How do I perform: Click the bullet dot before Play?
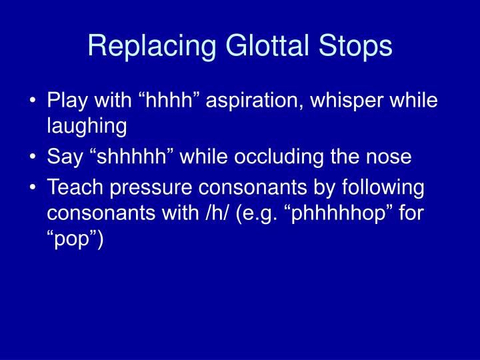pyautogui.click(x=33, y=101)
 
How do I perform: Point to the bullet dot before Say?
pyautogui.click(x=33, y=158)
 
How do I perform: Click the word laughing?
pyautogui.click(x=87, y=126)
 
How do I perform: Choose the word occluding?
pyautogui.click(x=294, y=157)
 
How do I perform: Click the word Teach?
pyautogui.click(x=72, y=188)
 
